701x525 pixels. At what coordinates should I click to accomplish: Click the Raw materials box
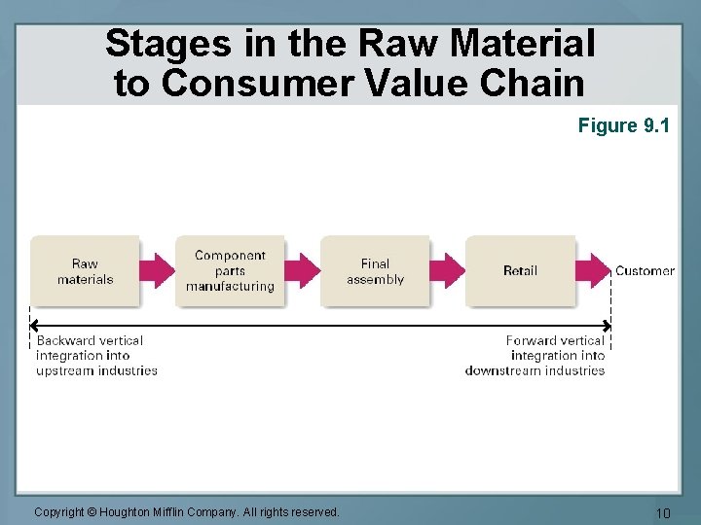[85, 271]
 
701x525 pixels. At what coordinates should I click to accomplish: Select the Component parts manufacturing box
[230, 271]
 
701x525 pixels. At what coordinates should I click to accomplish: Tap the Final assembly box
[375, 271]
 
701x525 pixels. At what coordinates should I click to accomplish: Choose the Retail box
[520, 271]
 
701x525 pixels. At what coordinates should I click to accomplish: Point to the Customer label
[645, 271]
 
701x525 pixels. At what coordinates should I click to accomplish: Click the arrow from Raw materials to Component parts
[157, 271]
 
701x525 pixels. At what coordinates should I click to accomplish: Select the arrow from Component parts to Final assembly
[302, 271]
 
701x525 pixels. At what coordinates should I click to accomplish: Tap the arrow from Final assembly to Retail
[447, 271]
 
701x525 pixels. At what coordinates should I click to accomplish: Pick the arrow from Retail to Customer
[592, 271]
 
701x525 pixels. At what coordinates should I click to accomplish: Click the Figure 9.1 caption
[624, 125]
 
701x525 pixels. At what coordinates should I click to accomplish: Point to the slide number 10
[662, 512]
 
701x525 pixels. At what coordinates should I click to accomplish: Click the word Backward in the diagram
[67, 340]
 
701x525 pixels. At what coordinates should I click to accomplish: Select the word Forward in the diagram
[532, 340]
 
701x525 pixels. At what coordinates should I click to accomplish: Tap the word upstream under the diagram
[64, 370]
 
